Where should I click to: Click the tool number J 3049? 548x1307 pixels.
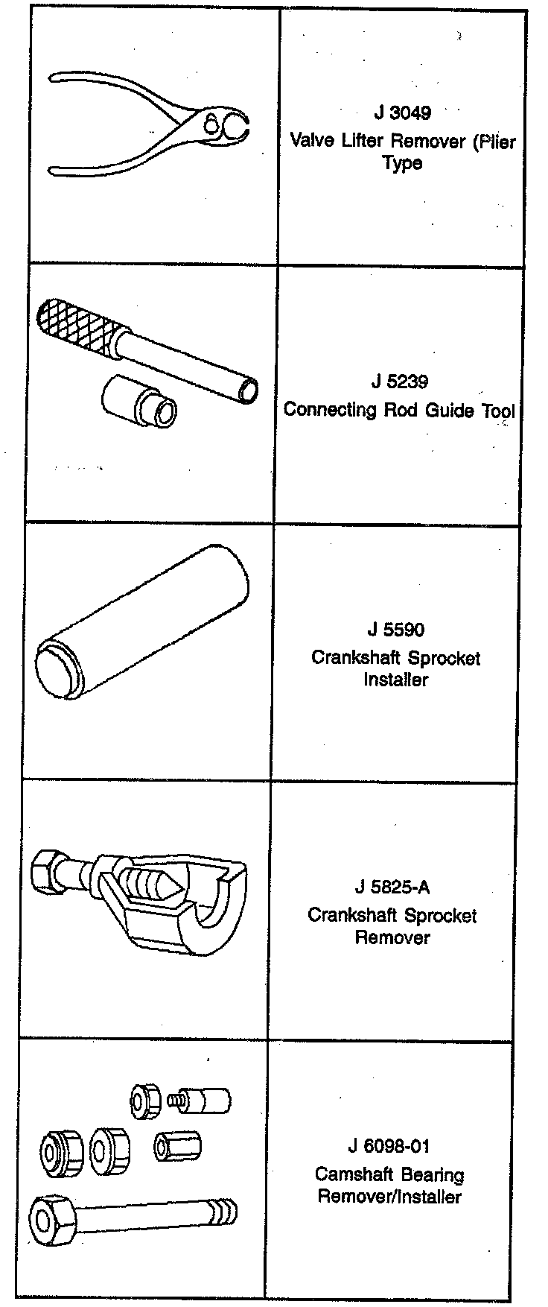402,113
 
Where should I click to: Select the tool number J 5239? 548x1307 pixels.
400,382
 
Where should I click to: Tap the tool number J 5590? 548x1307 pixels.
395,630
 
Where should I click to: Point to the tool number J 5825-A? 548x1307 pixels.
392,887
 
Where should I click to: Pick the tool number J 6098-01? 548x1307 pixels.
389,1147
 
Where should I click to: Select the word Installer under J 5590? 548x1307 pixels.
395,680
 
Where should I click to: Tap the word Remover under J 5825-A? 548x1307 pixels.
392,937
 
